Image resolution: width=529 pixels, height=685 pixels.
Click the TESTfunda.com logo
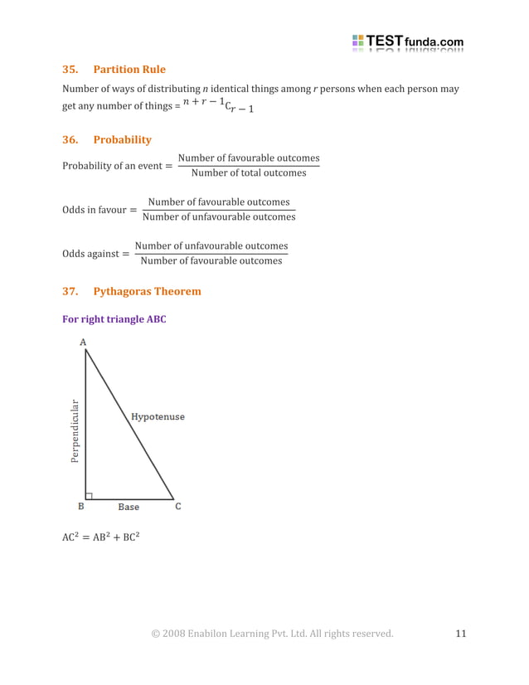coord(407,41)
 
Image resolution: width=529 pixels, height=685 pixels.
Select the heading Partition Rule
coord(129,70)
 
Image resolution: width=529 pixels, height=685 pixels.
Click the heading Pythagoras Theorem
coord(147,292)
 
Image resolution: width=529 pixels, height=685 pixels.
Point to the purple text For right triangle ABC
coord(114,319)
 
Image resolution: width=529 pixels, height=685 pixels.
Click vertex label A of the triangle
coord(83,342)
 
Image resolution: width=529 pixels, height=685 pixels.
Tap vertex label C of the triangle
coord(177,507)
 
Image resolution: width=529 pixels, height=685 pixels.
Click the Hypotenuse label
coord(158,416)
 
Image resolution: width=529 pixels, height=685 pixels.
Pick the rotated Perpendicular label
coord(75,430)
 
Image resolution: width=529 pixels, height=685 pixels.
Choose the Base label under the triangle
coord(129,507)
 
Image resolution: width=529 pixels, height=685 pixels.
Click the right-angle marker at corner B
coord(89,496)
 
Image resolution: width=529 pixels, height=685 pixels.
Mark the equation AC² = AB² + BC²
coord(101,537)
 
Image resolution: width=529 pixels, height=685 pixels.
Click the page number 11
coord(461,634)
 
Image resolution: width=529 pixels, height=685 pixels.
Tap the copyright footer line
coord(272,634)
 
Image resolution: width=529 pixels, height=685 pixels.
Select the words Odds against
coord(90,254)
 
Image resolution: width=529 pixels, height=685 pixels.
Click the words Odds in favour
coord(94,210)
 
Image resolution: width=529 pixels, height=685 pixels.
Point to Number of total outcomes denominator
coord(248,173)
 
